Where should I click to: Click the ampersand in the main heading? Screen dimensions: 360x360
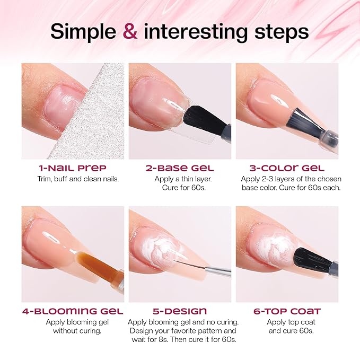[x=130, y=32]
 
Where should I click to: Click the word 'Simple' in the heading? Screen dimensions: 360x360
[x=84, y=32]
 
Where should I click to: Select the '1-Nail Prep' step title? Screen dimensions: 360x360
[x=73, y=168]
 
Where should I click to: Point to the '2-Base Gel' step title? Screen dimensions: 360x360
[x=180, y=168]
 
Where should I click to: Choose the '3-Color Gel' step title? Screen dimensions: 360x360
[x=287, y=168]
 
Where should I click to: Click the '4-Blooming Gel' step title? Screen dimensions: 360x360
[x=73, y=311]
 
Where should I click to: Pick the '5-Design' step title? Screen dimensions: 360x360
[x=180, y=311]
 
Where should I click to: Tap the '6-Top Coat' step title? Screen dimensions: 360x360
[x=287, y=311]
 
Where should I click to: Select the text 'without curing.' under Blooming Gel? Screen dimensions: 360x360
[x=73, y=331]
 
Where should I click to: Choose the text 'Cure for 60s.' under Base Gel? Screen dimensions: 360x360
[x=180, y=188]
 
